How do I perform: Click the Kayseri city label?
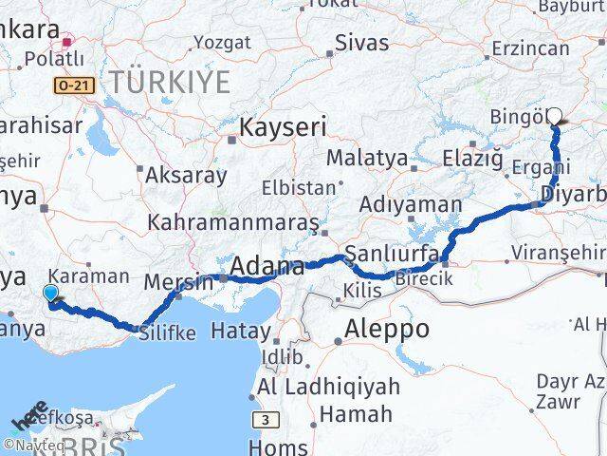coord(284,127)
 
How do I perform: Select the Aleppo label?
coord(389,330)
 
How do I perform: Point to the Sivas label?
coord(364,42)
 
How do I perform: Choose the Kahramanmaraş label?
coord(233,223)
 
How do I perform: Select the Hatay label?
coord(240,331)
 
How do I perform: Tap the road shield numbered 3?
coord(267,419)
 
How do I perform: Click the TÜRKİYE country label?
coord(170,82)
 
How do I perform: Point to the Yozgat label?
coord(223,42)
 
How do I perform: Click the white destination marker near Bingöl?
coord(555,117)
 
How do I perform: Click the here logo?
coord(28,418)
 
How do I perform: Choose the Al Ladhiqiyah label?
coord(328,388)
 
